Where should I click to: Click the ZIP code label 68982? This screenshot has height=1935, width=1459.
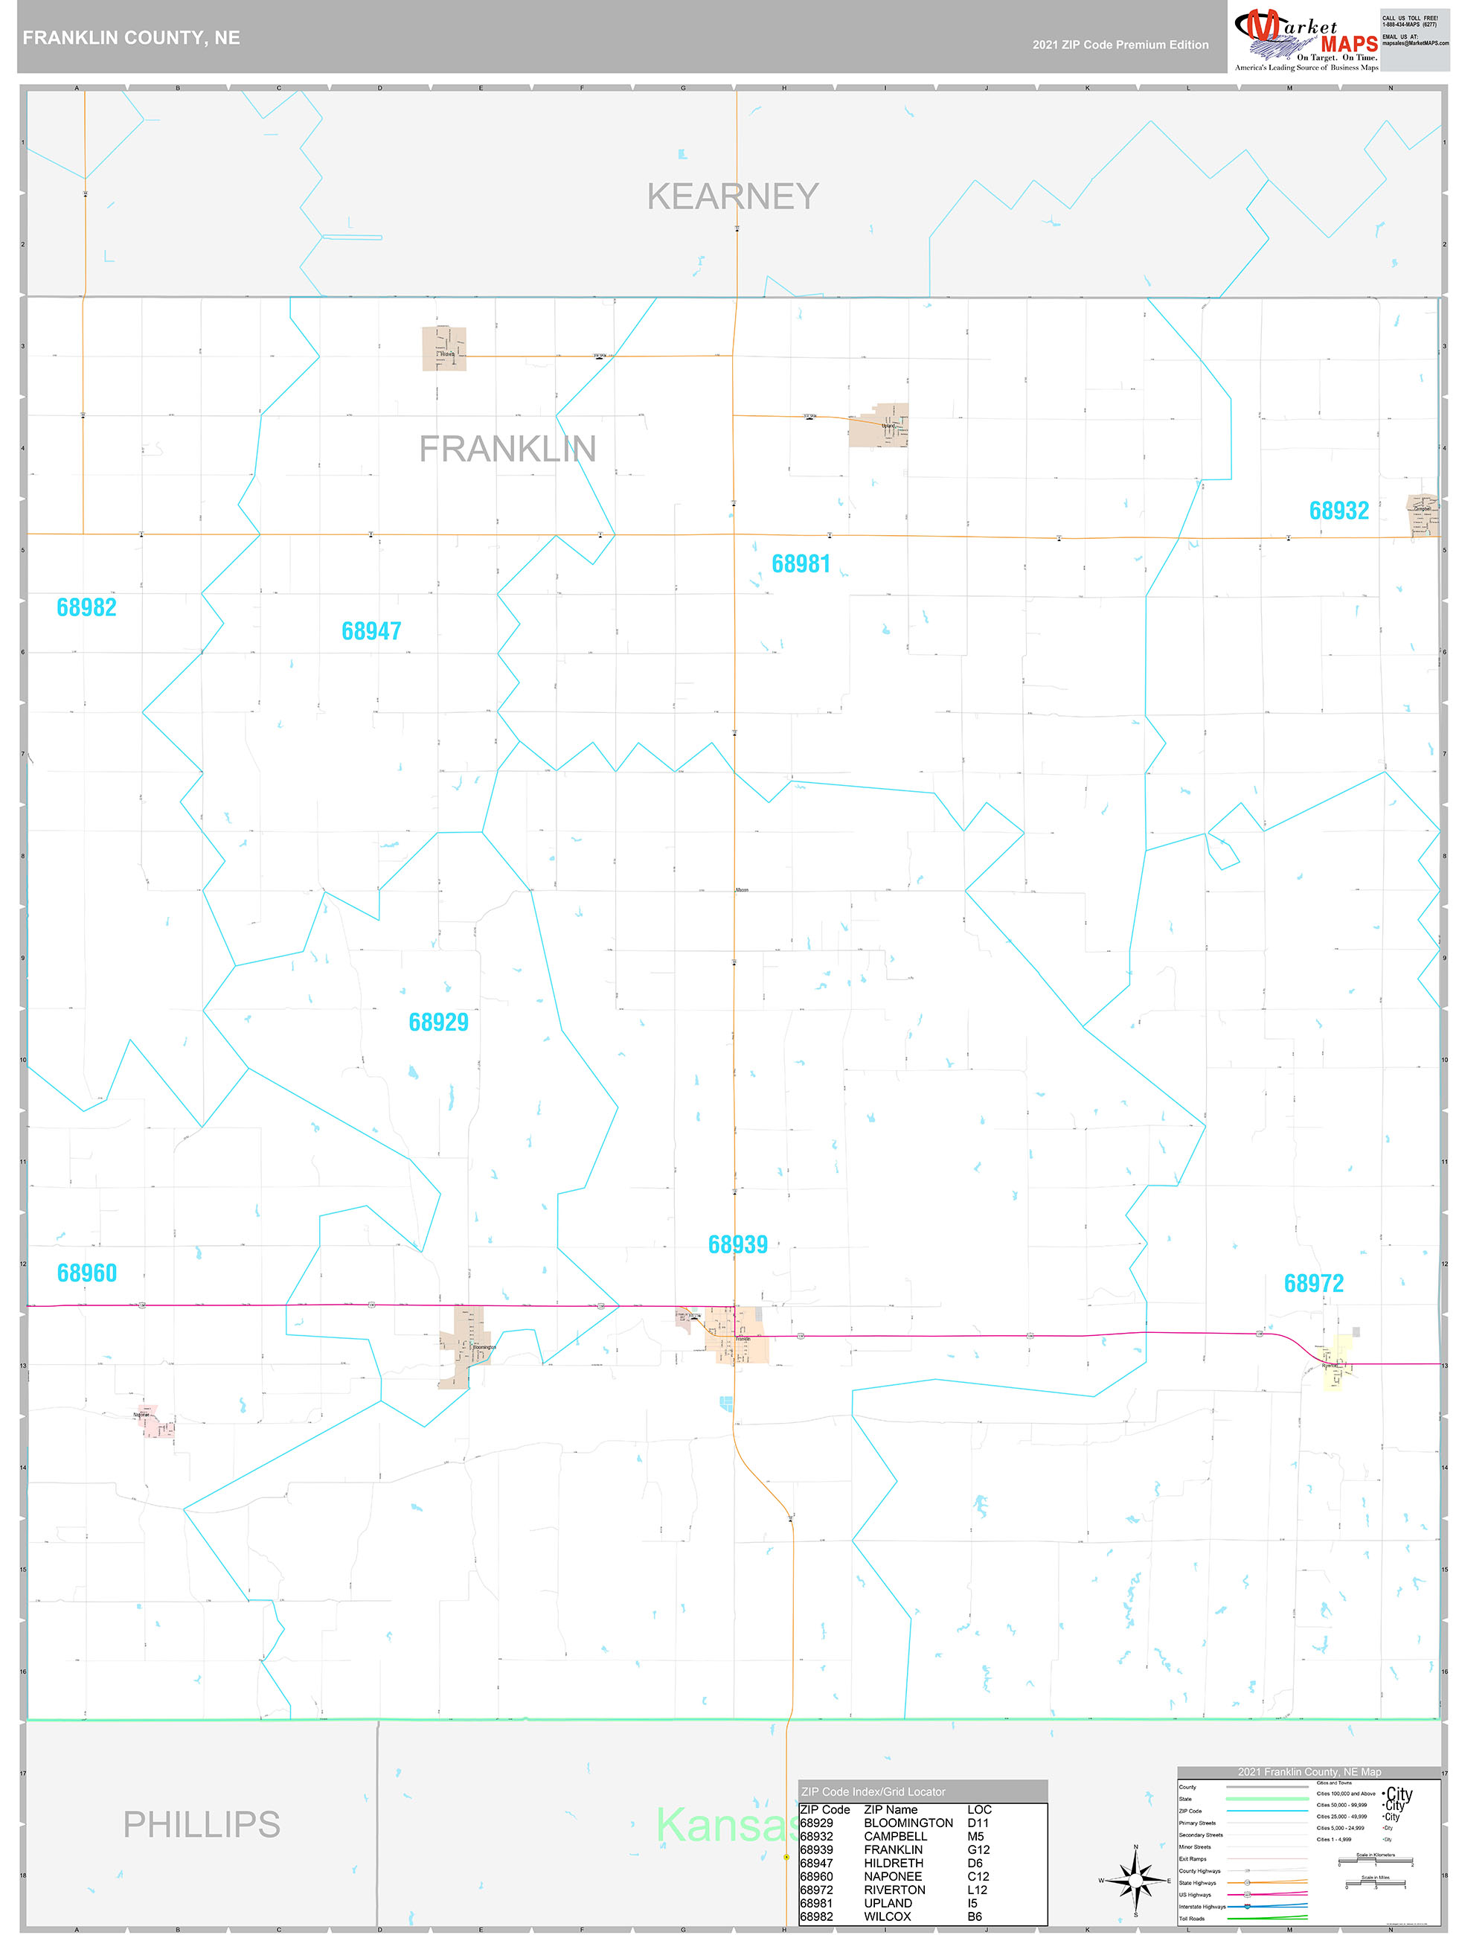[x=86, y=607]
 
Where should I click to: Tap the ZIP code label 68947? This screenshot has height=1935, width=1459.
[x=371, y=630]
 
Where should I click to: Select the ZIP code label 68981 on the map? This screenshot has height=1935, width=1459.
[x=801, y=563]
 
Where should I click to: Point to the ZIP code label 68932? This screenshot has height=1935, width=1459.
[x=1338, y=511]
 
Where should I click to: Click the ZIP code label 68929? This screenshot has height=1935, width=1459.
[x=438, y=1022]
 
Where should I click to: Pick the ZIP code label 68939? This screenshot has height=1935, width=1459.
[x=737, y=1244]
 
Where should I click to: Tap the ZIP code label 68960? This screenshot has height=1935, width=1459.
[x=86, y=1273]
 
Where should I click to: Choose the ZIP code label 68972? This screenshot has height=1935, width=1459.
[x=1313, y=1283]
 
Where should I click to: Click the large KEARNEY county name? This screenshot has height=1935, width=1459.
[x=733, y=196]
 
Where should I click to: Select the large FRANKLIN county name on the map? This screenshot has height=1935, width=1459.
[x=507, y=449]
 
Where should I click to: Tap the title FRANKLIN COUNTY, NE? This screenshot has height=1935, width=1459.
[x=131, y=38]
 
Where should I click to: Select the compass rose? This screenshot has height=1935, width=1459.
[x=1135, y=1879]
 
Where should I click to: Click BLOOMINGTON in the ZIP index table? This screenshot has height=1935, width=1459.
[x=908, y=1823]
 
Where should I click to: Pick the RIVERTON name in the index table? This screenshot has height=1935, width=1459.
[x=894, y=1890]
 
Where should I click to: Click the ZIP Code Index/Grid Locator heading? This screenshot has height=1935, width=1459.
[x=873, y=1791]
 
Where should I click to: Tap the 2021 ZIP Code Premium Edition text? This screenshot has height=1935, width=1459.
[x=1120, y=45]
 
